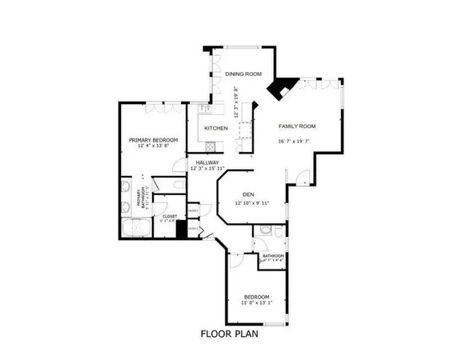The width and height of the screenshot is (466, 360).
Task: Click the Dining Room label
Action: tap(243, 74)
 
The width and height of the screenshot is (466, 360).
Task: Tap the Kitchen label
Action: tap(216, 128)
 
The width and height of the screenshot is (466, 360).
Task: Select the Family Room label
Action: tap(297, 126)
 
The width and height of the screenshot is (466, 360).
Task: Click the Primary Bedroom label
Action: tap(153, 140)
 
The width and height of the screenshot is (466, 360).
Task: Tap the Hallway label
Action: tap(207, 162)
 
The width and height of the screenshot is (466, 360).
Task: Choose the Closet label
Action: tap(170, 216)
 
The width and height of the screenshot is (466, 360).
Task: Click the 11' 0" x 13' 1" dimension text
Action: tap(257, 302)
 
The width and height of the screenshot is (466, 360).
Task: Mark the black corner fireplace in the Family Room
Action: tap(280, 88)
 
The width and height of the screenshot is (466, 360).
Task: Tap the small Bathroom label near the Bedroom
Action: tap(273, 256)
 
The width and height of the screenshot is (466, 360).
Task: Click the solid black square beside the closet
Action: tap(181, 230)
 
